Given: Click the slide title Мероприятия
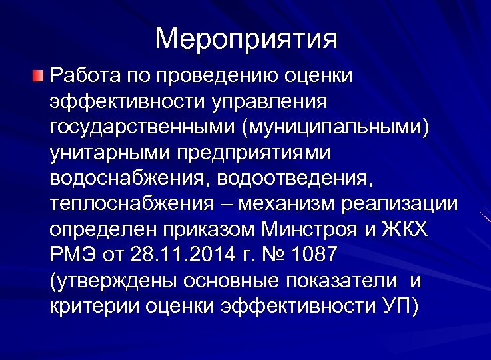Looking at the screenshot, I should click(x=246, y=39).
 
